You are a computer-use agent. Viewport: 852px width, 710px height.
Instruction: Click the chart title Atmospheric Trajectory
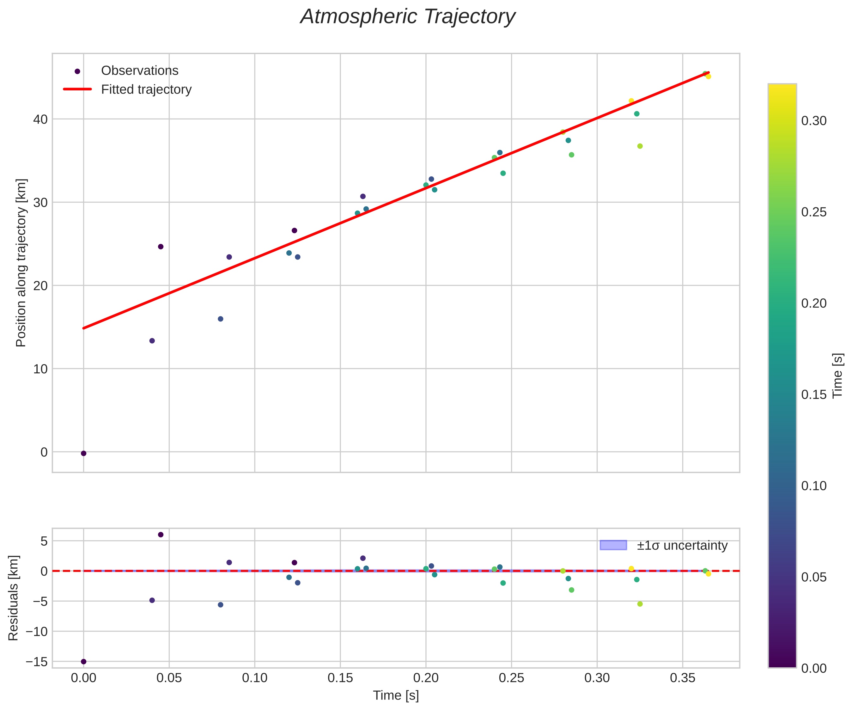point(407,17)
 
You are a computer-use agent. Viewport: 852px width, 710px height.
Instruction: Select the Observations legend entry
point(140,70)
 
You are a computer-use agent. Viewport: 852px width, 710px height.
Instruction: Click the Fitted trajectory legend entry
point(146,89)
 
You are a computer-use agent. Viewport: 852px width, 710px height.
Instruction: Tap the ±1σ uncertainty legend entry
point(682,545)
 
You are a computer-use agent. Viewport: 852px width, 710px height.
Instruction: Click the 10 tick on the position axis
point(40,369)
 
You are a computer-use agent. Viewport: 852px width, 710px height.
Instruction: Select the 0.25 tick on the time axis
point(511,677)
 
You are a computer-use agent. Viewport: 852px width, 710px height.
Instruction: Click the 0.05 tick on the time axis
point(169,677)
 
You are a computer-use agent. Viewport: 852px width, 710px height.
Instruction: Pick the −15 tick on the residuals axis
point(37,662)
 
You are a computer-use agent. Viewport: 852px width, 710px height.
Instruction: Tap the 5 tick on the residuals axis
point(44,541)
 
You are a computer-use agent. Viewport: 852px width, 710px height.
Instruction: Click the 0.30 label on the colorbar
point(814,121)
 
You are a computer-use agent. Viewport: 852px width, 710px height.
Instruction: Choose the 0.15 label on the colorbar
point(814,395)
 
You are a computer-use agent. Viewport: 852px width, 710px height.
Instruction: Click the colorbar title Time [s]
point(837,376)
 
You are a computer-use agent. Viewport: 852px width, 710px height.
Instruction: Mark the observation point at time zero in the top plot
point(83,453)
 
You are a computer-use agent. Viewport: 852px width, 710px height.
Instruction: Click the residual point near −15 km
point(83,662)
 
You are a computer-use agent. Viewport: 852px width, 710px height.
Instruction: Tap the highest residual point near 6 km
point(161,535)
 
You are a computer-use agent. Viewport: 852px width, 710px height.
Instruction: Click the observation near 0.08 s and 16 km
point(220,319)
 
